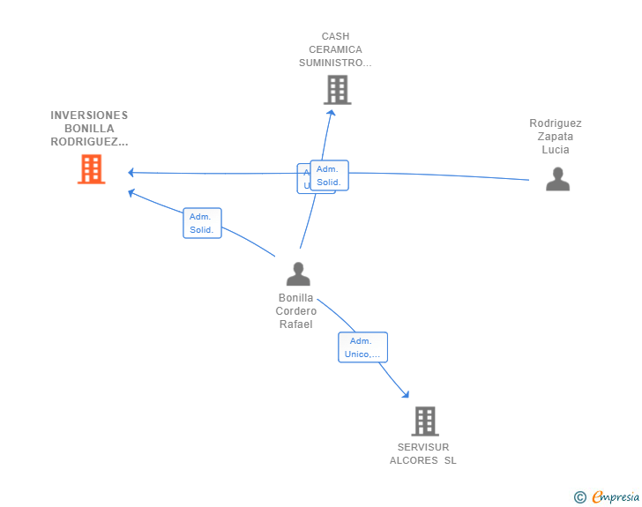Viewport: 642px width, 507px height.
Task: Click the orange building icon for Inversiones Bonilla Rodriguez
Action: tap(91, 169)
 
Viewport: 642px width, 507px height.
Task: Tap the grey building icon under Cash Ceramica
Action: tap(337, 90)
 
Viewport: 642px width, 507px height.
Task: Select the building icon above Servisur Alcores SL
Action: tap(424, 421)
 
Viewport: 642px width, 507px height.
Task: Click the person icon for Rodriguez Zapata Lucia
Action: tap(557, 179)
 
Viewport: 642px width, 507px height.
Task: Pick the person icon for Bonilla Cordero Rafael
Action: tap(298, 274)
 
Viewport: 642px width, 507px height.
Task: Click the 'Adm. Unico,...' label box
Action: tap(362, 347)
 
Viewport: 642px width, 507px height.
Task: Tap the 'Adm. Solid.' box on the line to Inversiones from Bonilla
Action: tap(202, 223)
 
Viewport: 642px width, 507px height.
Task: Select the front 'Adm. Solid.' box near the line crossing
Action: tap(329, 175)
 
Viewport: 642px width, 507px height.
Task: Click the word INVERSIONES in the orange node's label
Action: tap(89, 116)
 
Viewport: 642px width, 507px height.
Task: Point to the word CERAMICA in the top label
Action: tap(335, 49)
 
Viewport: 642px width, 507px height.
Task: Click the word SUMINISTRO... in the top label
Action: tap(335, 63)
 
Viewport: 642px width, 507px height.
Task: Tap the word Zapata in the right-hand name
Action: tap(556, 137)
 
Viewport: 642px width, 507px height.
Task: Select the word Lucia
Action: tap(556, 150)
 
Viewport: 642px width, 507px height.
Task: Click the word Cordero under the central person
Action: tap(296, 311)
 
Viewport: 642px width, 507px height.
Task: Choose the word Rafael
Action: tap(296, 324)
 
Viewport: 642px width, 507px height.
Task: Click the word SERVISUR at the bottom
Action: tap(423, 447)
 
